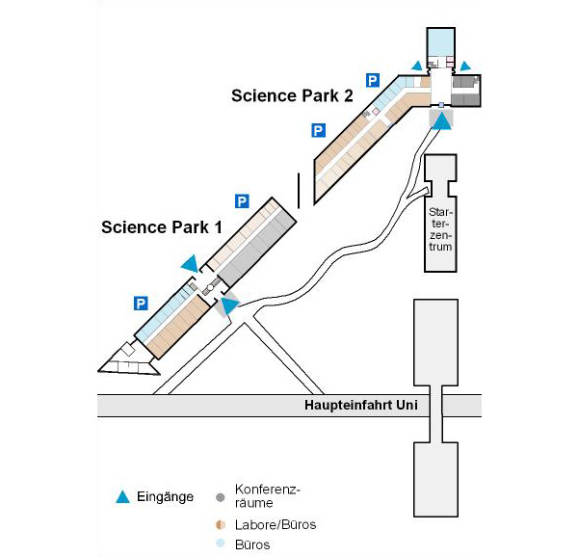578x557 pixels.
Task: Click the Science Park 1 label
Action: (x=162, y=227)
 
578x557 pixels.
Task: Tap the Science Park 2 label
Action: (x=292, y=95)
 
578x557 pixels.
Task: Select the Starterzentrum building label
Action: (x=440, y=229)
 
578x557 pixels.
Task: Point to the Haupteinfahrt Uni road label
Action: (x=361, y=405)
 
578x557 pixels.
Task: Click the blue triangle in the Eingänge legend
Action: (x=122, y=497)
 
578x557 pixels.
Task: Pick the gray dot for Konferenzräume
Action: (x=220, y=497)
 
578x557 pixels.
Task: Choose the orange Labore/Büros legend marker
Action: (x=221, y=525)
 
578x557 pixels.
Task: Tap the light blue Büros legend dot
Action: (x=221, y=544)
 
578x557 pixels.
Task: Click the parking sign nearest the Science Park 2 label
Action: (x=373, y=80)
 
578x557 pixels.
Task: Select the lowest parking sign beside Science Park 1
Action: (x=141, y=304)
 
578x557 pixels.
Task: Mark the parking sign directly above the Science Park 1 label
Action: (x=242, y=201)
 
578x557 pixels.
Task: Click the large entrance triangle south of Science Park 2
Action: (x=441, y=120)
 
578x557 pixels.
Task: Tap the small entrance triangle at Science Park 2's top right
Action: (x=465, y=66)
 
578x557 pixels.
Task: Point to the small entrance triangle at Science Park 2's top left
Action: (x=417, y=66)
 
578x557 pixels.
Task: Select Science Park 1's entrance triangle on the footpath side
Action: (x=229, y=305)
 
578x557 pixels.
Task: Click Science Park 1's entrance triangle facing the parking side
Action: (x=191, y=263)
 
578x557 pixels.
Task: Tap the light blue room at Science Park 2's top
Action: (x=441, y=41)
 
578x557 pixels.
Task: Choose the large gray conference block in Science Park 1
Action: (x=258, y=248)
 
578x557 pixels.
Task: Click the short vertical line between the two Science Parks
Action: (x=299, y=191)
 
